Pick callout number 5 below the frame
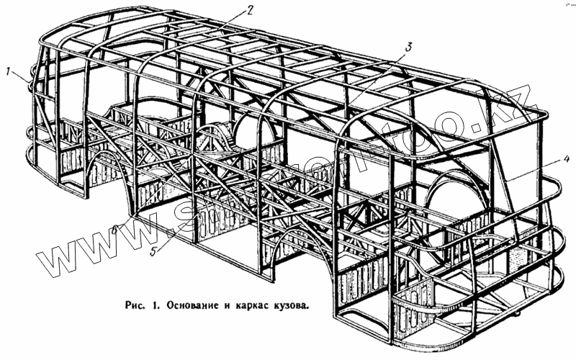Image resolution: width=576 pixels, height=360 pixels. click(153, 251)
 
